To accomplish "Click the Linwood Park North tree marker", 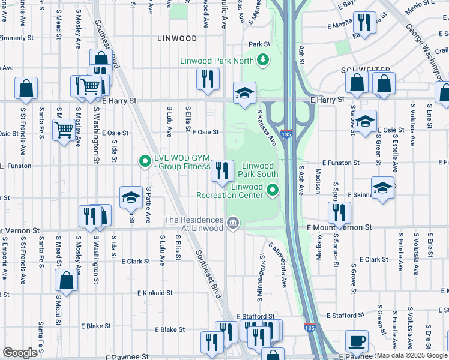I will click(x=262, y=60).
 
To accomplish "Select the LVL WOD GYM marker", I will click(x=144, y=161).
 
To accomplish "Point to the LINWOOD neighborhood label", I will click(x=176, y=38).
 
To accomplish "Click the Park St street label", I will click(x=259, y=44).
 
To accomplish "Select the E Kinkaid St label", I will click(x=154, y=293).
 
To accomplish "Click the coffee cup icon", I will click(x=357, y=341).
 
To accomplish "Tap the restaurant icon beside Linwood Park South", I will click(x=222, y=171).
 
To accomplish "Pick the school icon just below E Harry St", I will click(x=244, y=93).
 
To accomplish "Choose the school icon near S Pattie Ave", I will click(x=130, y=197).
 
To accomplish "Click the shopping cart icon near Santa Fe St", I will click(x=63, y=128).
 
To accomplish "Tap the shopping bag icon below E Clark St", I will click(x=66, y=280).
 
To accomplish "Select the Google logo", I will click(x=20, y=353).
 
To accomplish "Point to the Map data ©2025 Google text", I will click(x=412, y=355).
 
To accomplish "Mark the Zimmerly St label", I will click(x=16, y=38).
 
